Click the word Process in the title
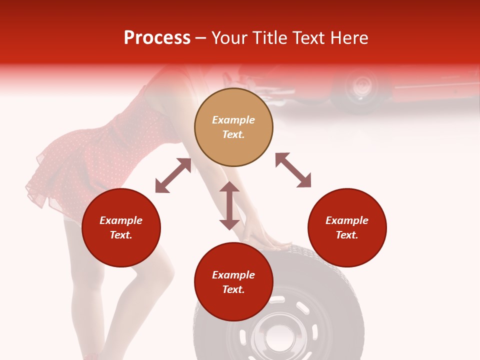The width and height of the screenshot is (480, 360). pyautogui.click(x=157, y=38)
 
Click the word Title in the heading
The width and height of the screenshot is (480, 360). pyautogui.click(x=269, y=38)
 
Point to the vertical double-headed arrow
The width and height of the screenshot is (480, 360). pyautogui.click(x=229, y=205)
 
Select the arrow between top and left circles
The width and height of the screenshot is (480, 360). pyautogui.click(x=173, y=175)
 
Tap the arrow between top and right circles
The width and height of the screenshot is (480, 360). pyautogui.click(x=293, y=170)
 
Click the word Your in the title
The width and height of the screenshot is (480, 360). pyautogui.click(x=229, y=38)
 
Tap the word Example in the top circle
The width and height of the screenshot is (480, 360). pyautogui.click(x=233, y=120)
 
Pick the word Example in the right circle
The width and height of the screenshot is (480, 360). pyautogui.click(x=347, y=220)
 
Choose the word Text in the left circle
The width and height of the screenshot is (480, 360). pyautogui.click(x=121, y=235)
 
